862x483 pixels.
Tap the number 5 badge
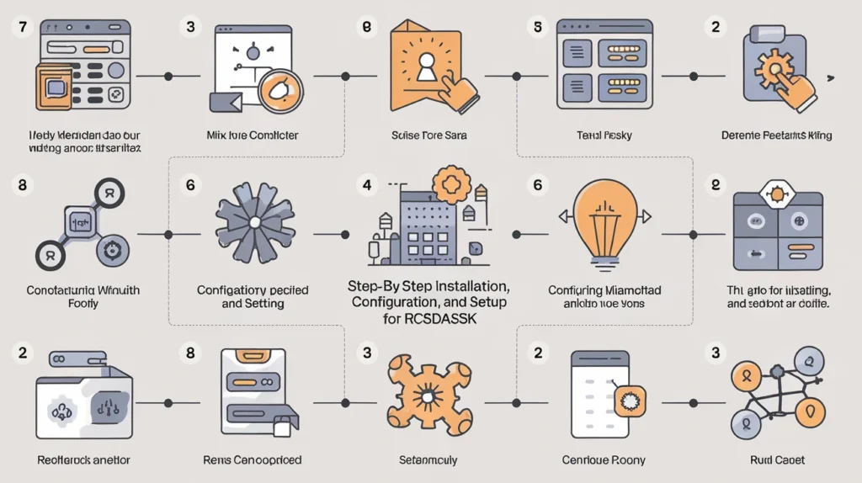(535, 27)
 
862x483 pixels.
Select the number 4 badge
(366, 184)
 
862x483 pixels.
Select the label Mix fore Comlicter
(253, 135)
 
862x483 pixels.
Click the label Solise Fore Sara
(429, 135)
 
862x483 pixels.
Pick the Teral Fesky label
(604, 135)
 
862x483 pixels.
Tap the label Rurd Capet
(777, 460)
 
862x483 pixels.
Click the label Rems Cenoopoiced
(253, 460)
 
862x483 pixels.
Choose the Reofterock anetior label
(84, 460)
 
